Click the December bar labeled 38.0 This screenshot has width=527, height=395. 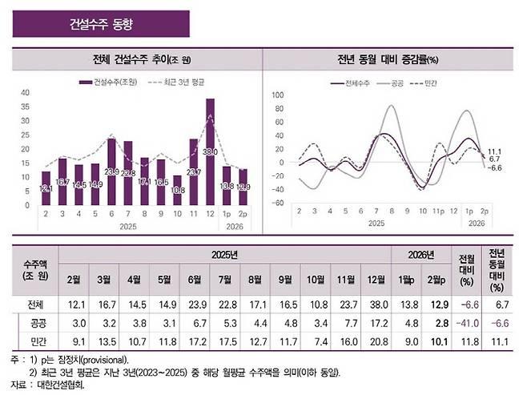click(210, 151)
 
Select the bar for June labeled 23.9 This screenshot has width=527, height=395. click(111, 171)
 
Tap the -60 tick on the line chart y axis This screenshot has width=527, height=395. click(278, 203)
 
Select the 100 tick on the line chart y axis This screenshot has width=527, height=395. click(278, 95)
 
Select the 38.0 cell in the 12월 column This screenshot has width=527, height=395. click(374, 304)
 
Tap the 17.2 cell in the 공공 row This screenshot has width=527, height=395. click(374, 324)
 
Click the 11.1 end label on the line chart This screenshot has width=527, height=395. click(494, 151)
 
